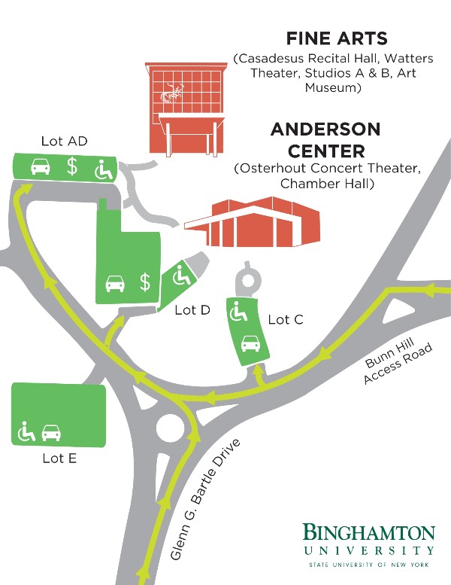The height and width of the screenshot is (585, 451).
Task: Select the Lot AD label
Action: (x=65, y=142)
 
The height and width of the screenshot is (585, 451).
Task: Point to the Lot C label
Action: (x=286, y=320)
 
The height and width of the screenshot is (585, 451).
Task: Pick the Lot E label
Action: (x=59, y=458)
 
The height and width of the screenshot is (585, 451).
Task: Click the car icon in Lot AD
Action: (x=40, y=166)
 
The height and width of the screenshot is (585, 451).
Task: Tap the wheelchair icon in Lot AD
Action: (x=102, y=169)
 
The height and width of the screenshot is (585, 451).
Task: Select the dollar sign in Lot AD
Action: (x=72, y=166)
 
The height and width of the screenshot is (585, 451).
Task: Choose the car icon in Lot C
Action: (x=250, y=345)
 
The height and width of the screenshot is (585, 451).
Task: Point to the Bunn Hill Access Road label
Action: (x=398, y=364)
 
